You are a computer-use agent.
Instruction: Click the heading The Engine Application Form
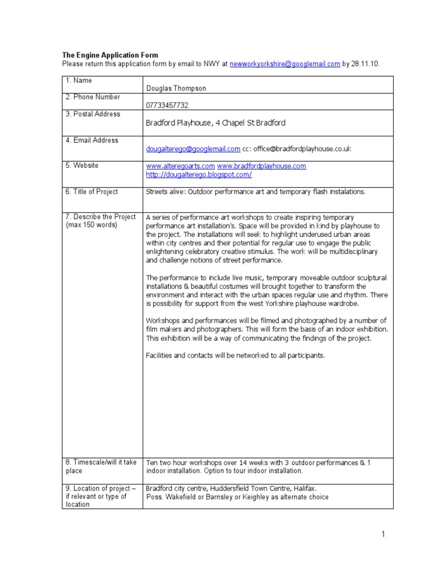pos(110,55)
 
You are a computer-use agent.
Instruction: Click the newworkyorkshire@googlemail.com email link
pos(284,64)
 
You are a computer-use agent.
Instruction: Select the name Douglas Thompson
pos(176,88)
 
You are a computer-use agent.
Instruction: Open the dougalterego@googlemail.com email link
pos(193,149)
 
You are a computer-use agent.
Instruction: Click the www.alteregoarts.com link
pos(180,166)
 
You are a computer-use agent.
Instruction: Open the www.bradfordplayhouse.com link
pos(261,166)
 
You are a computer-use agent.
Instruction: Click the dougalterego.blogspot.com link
pos(199,174)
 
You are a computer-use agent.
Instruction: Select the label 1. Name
pos(79,81)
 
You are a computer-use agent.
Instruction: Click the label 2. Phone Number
pos(93,97)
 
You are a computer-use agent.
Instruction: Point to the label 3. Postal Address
pos(93,114)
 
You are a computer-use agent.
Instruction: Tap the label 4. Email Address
pos(91,141)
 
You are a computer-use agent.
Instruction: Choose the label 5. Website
pos(82,166)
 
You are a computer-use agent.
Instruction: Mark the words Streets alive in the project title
pos(164,192)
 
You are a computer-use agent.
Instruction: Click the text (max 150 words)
pos(91,225)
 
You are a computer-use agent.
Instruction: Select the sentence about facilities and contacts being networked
pos(235,355)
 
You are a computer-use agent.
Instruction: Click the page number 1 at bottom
pos(383,534)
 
